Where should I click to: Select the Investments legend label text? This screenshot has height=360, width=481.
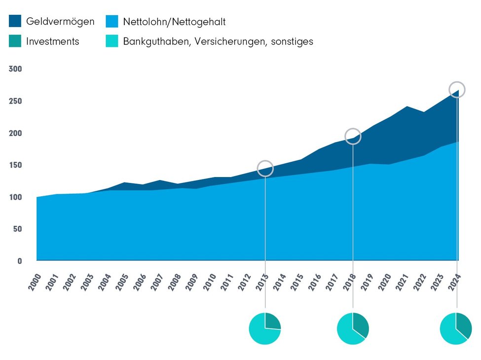[x=52, y=41]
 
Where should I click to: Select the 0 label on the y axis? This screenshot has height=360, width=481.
[x=20, y=261]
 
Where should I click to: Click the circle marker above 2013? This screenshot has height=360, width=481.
[x=265, y=168]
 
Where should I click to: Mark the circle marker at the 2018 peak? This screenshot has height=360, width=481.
[x=353, y=137]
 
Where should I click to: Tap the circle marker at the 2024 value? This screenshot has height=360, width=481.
[x=457, y=89]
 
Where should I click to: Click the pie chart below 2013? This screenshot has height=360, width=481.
[x=265, y=328]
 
